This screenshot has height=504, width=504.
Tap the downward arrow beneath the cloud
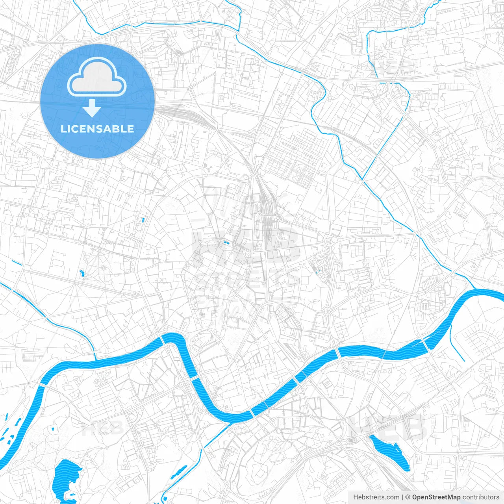tap(92, 108)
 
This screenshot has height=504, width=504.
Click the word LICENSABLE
tap(97, 129)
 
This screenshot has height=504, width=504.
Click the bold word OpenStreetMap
tap(436, 497)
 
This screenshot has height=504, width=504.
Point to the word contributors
tap(481, 497)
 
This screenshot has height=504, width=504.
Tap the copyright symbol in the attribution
tap(408, 497)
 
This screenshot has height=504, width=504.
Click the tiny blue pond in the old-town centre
tap(226, 243)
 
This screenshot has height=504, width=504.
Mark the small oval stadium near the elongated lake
tap(352, 440)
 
